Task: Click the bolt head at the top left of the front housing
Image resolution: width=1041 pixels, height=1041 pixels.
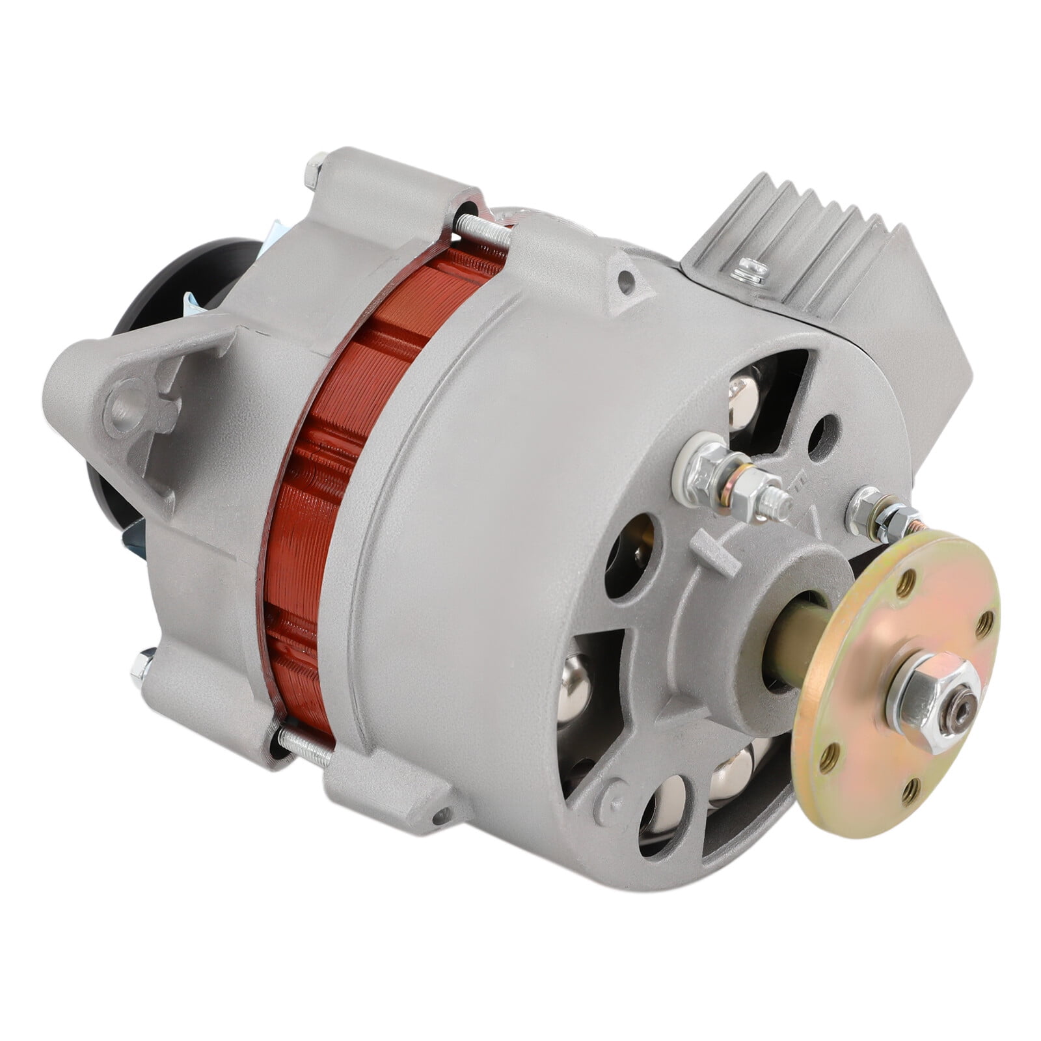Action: [x=315, y=173]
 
